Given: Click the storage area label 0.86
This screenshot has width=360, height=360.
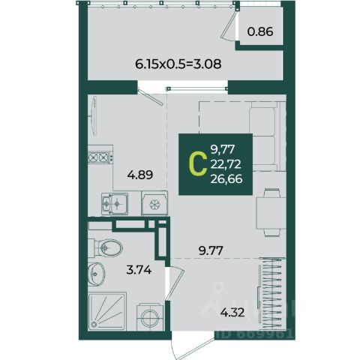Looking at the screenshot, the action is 260,31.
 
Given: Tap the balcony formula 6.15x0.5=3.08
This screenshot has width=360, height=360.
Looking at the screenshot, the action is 178,64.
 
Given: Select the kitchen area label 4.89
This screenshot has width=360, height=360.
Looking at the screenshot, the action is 140,175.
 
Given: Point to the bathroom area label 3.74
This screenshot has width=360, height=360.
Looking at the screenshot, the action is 139,270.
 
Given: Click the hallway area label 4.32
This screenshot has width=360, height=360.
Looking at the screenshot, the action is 232,312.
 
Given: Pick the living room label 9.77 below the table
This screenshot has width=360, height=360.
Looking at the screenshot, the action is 211,250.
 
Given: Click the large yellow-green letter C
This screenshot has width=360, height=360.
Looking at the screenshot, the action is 198,164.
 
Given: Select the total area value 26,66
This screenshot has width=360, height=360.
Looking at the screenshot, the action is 226,179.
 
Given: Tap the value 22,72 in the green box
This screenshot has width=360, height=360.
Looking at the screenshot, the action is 226,164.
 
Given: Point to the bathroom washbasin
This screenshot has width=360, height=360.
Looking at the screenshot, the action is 96,274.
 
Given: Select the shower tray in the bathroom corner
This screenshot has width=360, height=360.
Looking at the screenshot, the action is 107,311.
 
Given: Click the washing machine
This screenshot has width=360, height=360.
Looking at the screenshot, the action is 150,317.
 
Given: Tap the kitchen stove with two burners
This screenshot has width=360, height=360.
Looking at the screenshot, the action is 100,157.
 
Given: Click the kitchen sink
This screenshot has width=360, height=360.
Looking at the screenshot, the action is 115,204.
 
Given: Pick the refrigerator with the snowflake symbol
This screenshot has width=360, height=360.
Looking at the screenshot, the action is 154,203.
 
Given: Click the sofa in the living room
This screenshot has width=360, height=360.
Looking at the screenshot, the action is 267,136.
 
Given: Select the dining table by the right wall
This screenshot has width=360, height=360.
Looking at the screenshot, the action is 271,212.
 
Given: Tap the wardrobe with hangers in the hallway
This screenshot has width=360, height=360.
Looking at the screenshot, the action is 271,294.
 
